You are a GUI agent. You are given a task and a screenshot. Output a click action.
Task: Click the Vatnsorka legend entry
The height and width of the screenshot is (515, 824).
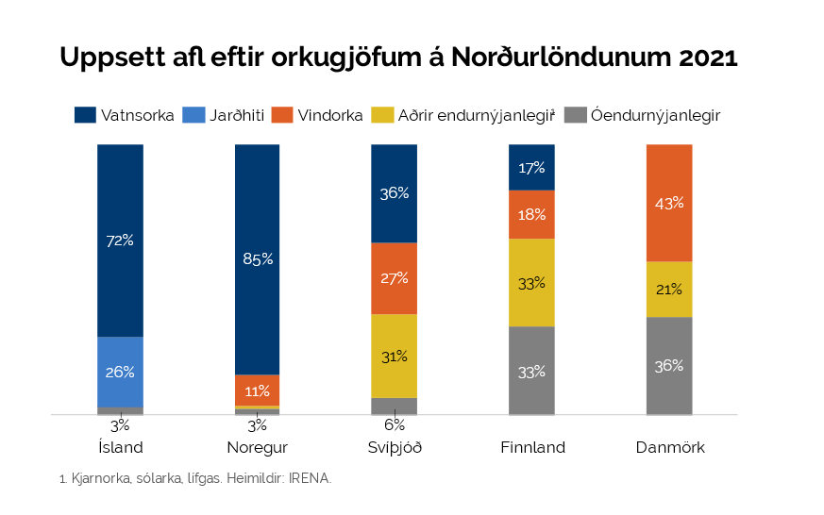tap(125, 116)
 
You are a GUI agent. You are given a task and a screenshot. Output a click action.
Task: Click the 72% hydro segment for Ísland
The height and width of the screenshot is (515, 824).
tap(120, 241)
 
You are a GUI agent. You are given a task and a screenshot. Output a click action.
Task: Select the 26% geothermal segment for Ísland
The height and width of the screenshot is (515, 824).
tap(120, 372)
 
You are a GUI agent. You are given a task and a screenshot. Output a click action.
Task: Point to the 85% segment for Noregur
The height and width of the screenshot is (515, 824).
tap(257, 259)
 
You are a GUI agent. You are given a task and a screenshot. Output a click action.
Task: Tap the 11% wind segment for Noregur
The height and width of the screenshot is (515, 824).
tap(257, 390)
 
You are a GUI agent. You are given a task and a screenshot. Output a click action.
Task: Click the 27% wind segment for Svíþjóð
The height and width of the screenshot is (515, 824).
tap(395, 278)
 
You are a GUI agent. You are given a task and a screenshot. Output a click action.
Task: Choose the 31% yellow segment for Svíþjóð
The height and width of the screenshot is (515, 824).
tap(395, 356)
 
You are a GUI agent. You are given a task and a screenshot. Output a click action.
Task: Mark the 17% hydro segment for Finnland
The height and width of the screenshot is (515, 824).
tap(531, 167)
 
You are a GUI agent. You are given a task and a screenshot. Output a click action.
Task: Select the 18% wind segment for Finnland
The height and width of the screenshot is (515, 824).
tap(531, 214)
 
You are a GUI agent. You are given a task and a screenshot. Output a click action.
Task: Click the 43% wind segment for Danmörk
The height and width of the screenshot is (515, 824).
tap(669, 203)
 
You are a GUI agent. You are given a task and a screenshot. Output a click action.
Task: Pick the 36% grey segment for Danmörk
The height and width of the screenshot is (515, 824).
tap(669, 366)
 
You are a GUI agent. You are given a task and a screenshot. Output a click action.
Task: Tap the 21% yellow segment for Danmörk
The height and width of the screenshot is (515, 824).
tap(669, 289)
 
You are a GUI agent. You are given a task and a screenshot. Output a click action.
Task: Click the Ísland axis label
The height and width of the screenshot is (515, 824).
tap(120, 447)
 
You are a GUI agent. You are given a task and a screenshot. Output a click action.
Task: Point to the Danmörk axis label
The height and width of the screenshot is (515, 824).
tap(669, 447)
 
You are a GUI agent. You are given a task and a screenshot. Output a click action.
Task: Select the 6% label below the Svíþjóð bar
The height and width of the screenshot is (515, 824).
tap(395, 425)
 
